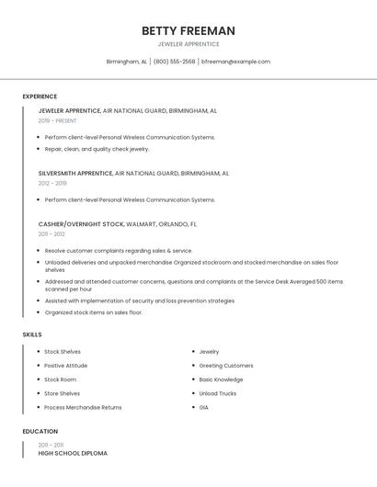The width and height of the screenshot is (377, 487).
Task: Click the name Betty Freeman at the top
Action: click(188, 30)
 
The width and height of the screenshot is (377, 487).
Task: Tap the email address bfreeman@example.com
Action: click(235, 62)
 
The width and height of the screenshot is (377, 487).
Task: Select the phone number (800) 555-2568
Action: click(174, 62)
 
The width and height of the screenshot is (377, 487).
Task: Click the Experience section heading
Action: click(40, 96)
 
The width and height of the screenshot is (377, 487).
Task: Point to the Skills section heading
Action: click(32, 334)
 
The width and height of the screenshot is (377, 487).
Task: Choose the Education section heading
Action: click(40, 431)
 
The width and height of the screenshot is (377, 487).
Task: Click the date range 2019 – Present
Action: click(57, 120)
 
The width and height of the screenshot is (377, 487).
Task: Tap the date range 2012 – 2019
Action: click(52, 183)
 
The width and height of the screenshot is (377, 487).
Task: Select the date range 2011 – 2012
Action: click(51, 234)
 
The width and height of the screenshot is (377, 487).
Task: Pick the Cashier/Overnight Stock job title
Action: click(81, 224)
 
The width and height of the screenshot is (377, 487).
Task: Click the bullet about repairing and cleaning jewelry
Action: click(97, 149)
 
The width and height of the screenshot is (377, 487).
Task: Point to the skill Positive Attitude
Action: click(66, 366)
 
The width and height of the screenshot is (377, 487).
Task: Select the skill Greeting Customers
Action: click(226, 366)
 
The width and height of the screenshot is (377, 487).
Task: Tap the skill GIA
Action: click(204, 407)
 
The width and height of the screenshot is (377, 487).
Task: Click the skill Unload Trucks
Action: click(218, 393)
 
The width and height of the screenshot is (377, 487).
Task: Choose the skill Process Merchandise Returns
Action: click(83, 407)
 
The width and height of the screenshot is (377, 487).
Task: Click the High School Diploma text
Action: click(73, 453)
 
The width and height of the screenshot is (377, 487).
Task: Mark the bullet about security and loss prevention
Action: click(139, 300)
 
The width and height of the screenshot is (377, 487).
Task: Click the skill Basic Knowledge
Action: click(221, 379)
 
